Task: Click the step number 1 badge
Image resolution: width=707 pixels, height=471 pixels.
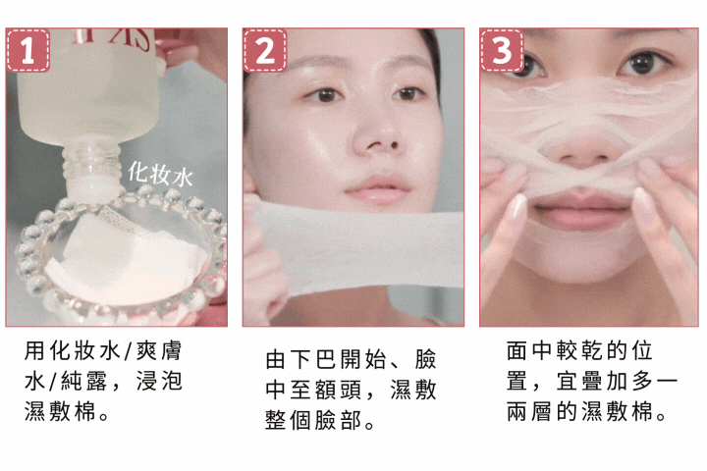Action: tap(28, 51)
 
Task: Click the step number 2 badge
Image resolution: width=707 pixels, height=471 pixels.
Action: tap(265, 51)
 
